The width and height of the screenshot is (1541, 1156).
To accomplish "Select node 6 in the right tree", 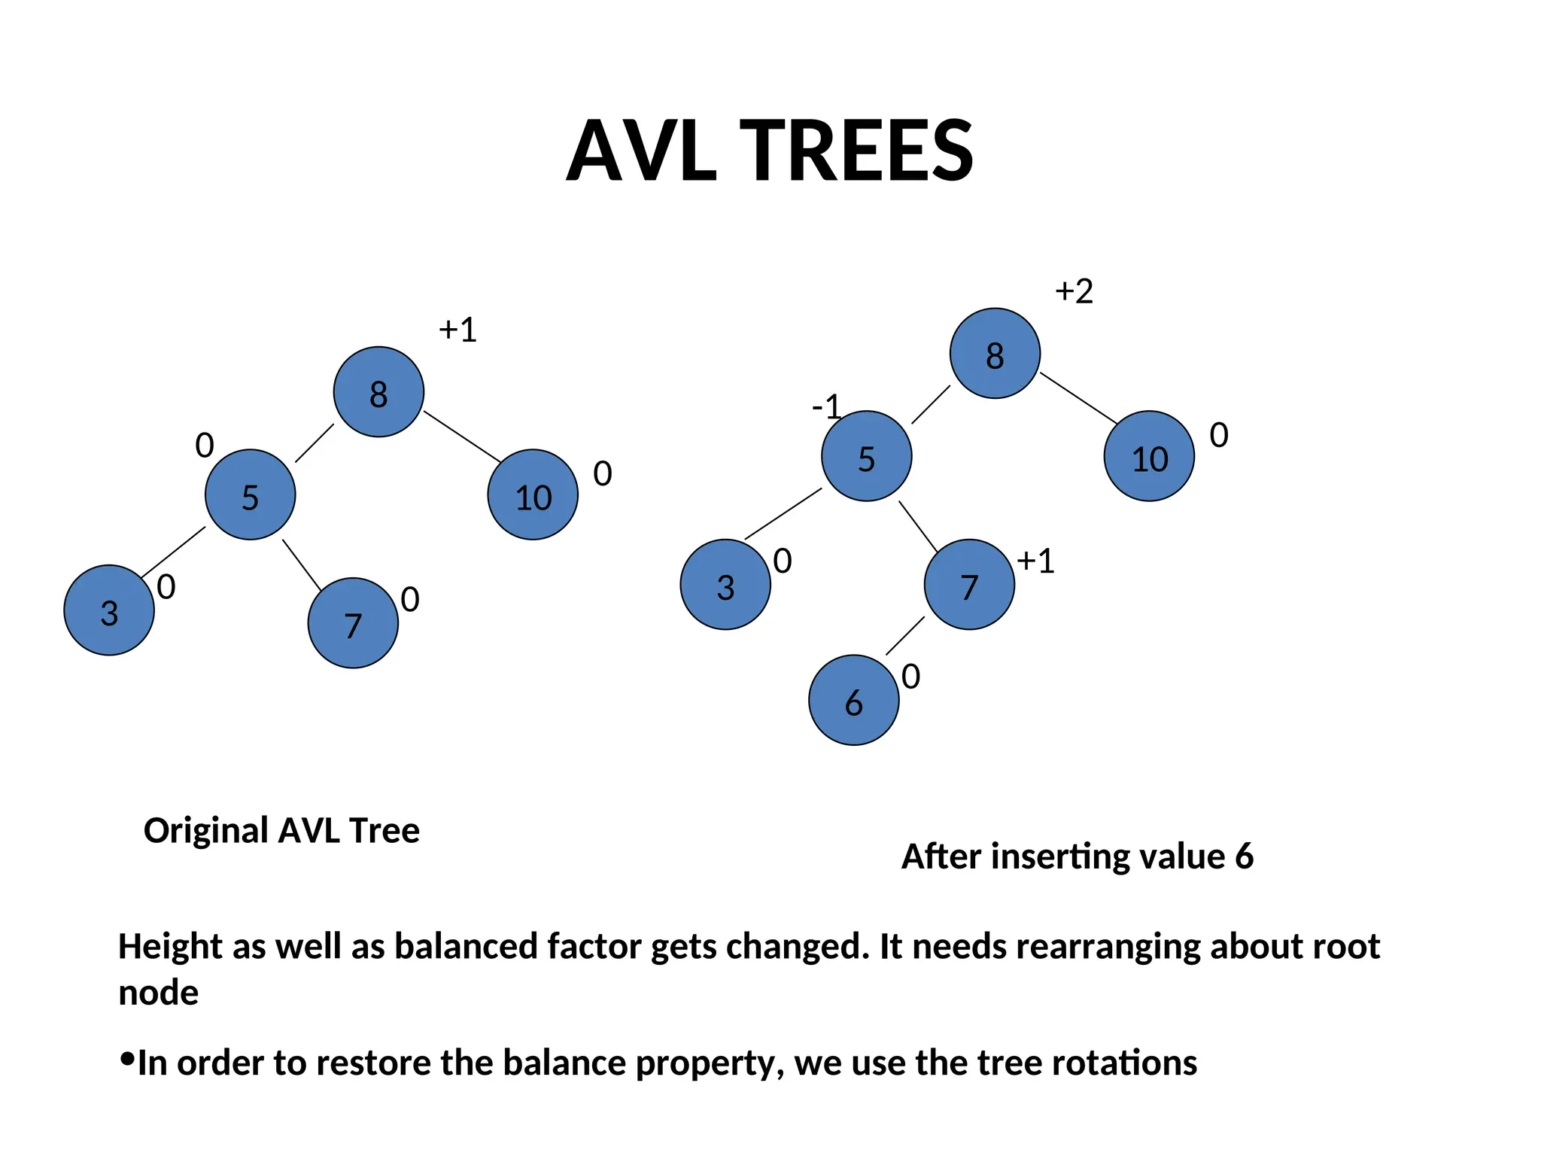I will pos(853,700).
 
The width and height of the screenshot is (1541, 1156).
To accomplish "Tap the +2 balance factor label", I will pos(1074,291).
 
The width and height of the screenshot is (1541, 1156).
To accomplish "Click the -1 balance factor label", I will pos(826,407).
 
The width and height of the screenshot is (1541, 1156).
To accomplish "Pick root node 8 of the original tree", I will pos(378,392).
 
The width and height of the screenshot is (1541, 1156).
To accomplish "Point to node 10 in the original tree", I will pos(533,495).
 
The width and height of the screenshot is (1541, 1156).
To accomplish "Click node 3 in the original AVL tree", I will pos(109,610).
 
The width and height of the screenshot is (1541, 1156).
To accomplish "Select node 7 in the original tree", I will pos(353,623).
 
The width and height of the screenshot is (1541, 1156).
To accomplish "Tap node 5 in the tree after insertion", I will pos(866,456).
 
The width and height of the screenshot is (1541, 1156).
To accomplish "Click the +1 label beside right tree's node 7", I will pos(1035,561).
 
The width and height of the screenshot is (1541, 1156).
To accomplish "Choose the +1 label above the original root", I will pos(457,330).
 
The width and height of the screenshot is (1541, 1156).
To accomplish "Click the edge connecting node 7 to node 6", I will pos(905,636).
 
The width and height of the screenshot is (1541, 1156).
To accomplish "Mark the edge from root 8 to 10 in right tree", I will pos(1078,398).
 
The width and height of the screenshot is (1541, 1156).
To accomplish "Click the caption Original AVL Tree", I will pos(281,831).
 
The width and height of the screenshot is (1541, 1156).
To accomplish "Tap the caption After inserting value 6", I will pos(1077,856).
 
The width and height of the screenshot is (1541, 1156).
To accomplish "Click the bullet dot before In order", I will pos(126,1060).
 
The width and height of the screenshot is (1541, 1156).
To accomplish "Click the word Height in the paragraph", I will pos(170,947).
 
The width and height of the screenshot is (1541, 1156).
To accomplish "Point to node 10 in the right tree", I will pos(1149,456).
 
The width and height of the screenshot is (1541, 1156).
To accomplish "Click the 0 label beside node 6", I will pos(910,677).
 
